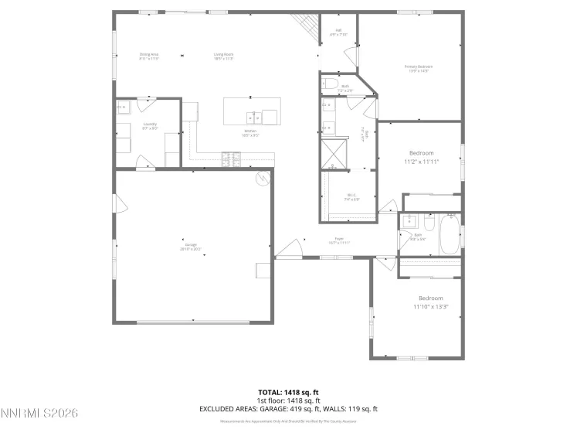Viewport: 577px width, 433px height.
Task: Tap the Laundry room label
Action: [150, 126]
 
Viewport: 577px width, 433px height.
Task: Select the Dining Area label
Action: [149, 55]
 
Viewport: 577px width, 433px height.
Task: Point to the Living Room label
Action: [223, 55]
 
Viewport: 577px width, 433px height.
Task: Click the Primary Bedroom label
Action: [418, 68]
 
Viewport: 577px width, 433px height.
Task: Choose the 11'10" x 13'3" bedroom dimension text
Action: [431, 307]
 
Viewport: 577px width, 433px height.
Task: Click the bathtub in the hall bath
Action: [450, 235]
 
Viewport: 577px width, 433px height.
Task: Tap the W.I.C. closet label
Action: [351, 197]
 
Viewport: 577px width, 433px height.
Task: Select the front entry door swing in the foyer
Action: [287, 249]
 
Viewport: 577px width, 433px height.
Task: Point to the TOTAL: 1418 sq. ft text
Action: [288, 392]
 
